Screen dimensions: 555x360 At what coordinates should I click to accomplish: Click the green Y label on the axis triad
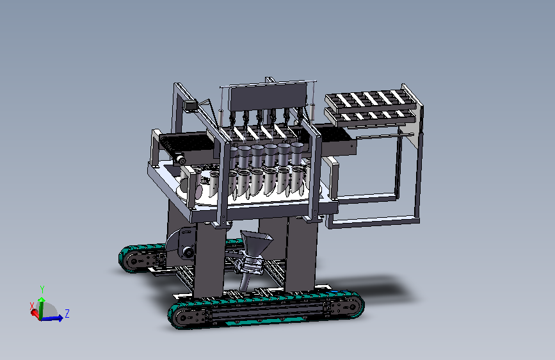pos(42,290)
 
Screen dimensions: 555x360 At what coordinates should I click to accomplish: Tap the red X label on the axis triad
pos(32,306)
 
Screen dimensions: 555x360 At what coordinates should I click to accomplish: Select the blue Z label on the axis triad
pos(67,314)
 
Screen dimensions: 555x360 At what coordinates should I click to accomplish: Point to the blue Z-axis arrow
pos(52,318)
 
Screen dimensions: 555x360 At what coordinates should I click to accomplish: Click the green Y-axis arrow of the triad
pos(42,308)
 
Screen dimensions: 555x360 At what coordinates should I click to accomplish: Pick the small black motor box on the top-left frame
pos(191,106)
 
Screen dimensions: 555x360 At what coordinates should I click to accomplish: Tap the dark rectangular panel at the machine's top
pos(268,96)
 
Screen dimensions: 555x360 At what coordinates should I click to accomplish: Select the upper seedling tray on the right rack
pos(370,101)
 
